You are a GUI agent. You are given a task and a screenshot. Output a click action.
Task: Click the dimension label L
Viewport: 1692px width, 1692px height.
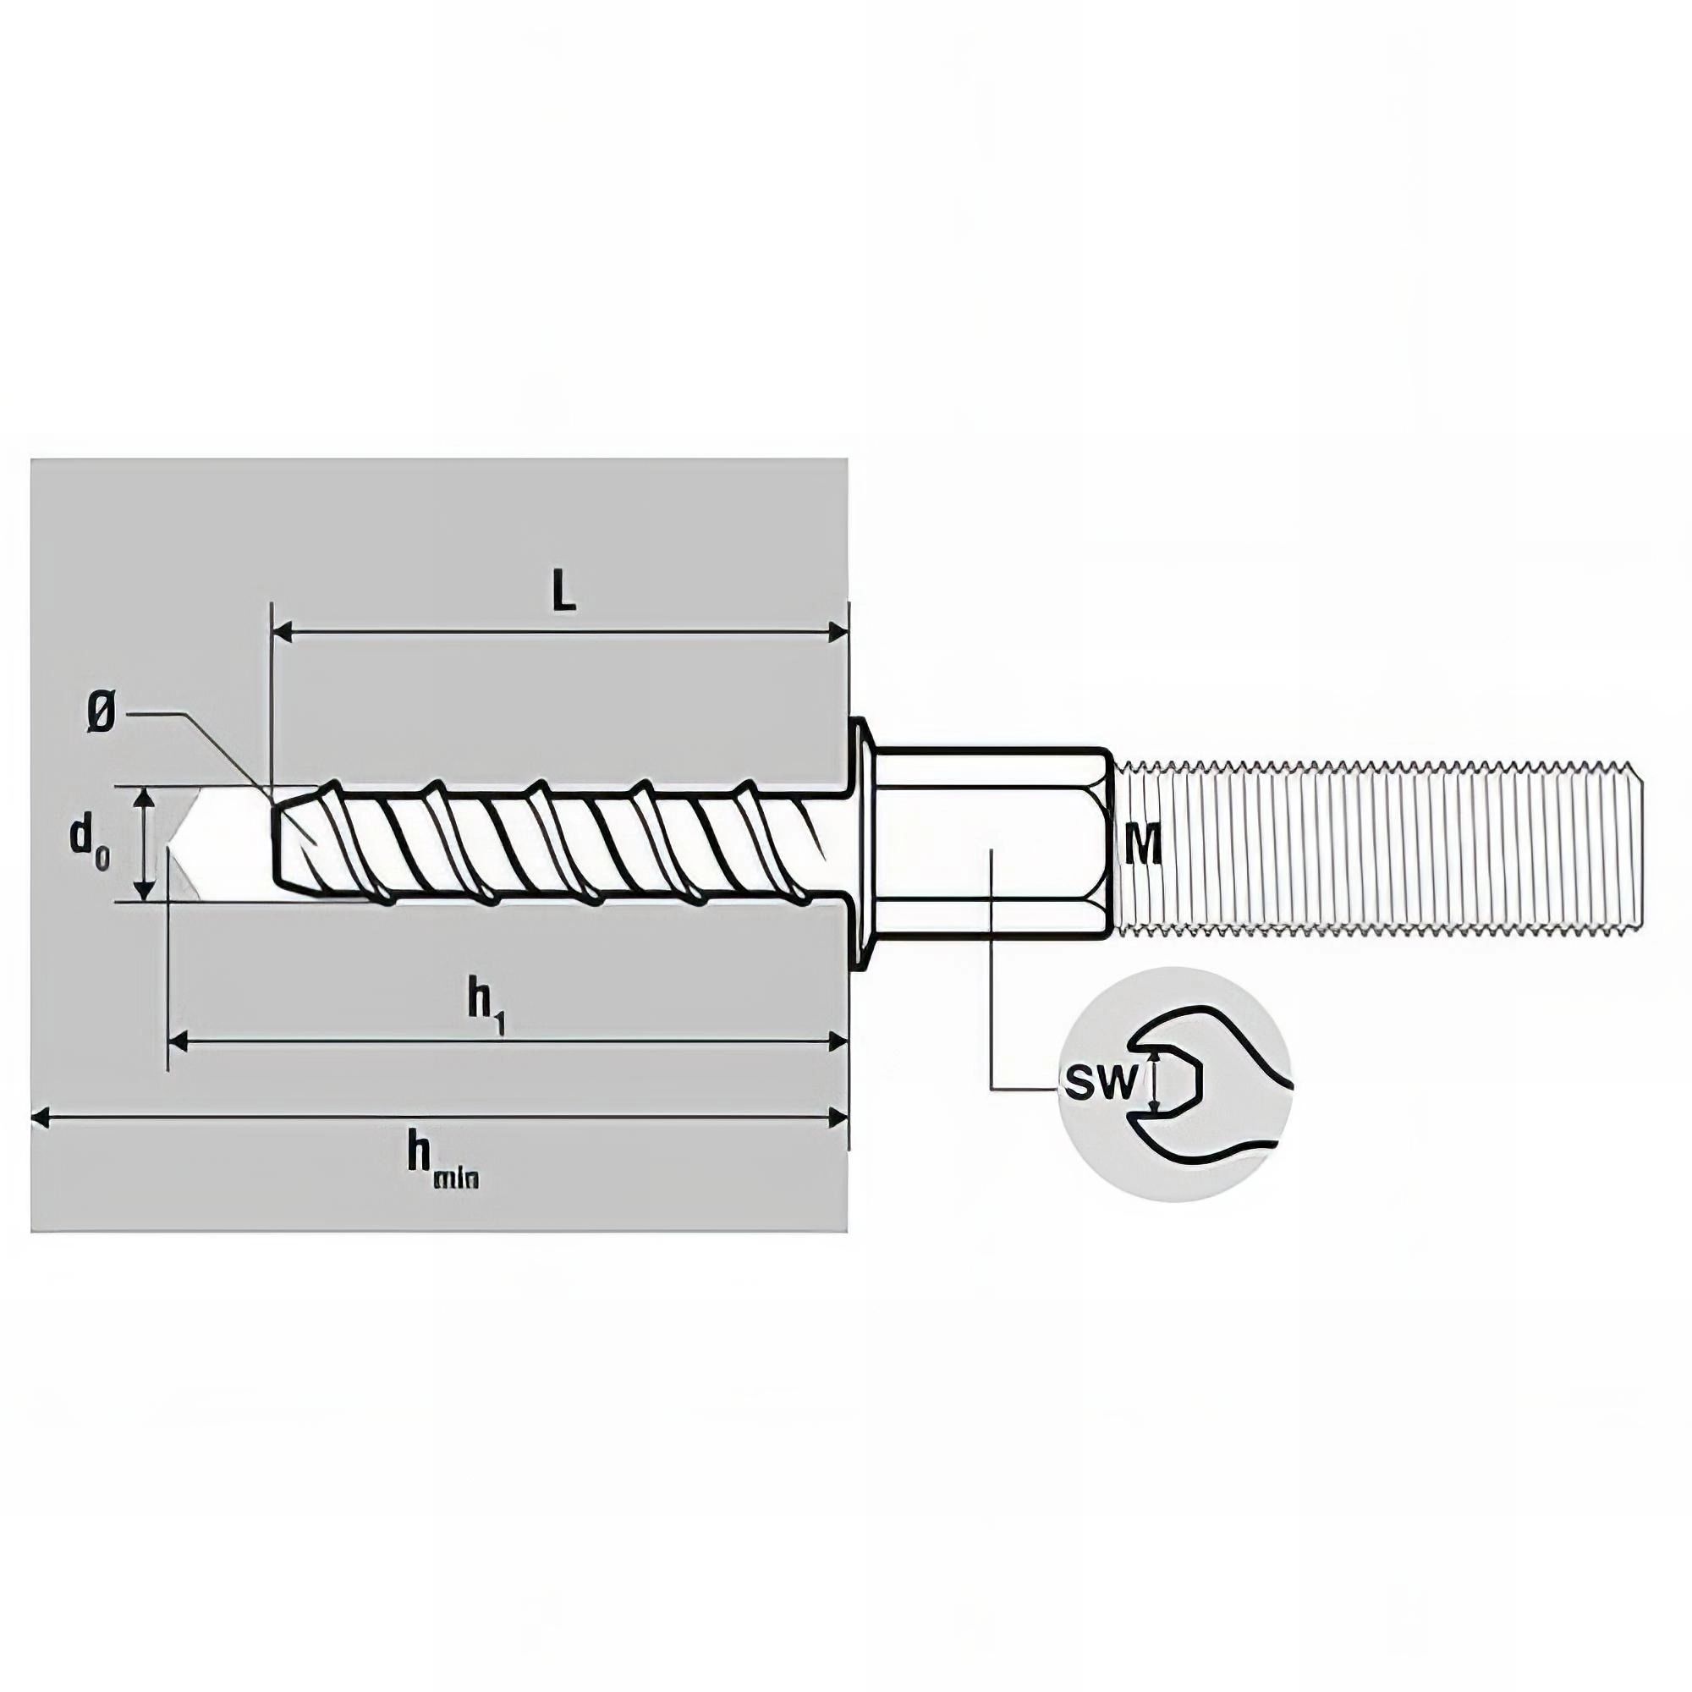(x=565, y=593)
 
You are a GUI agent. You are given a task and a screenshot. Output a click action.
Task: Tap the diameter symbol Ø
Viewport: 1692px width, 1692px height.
(x=101, y=717)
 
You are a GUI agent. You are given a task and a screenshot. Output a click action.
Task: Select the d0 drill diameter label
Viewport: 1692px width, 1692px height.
(x=89, y=843)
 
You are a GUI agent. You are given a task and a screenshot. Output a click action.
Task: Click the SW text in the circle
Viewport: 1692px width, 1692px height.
(x=1100, y=1084)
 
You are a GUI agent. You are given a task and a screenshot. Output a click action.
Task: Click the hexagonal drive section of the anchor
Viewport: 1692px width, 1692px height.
(x=992, y=844)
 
